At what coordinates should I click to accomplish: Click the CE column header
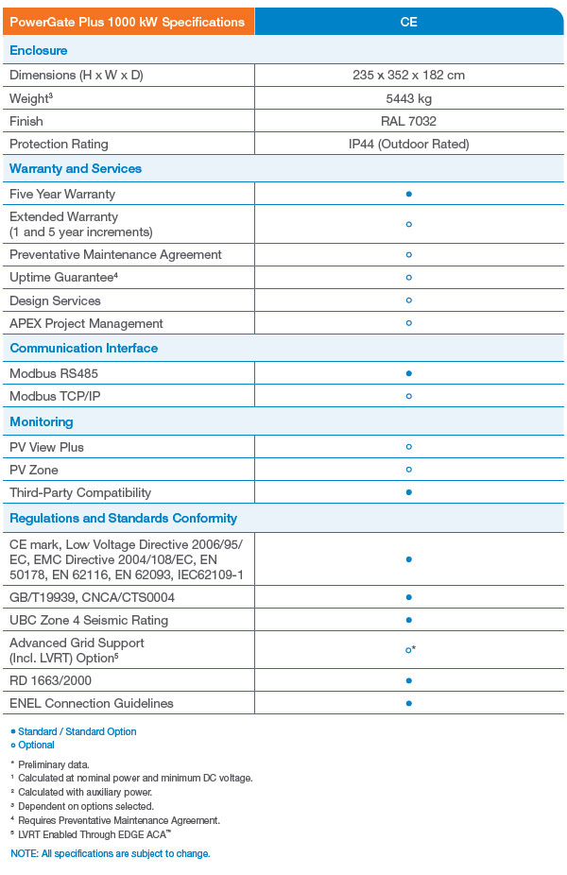coord(408,22)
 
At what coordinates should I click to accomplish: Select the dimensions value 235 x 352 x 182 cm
coord(408,75)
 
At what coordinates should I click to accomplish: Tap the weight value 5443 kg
coord(408,98)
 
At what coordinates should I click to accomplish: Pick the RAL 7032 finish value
coord(408,121)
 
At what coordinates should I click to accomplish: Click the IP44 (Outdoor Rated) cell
coord(408,144)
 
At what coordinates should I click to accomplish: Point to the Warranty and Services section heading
coord(76,168)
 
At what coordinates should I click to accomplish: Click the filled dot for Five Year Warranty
coord(408,194)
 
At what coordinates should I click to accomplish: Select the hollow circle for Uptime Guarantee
coord(408,278)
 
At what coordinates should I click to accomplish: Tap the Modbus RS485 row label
coord(54,373)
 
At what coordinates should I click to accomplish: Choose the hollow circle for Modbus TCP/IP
coord(408,396)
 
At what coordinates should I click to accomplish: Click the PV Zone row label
coord(34,470)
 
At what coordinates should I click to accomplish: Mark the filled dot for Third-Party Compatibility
coord(408,492)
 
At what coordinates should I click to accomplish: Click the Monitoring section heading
coord(42,421)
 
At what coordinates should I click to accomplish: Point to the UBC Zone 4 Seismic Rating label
coord(89,620)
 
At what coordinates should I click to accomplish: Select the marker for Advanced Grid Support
coord(409,650)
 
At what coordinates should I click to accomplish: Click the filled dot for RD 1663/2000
coord(408,680)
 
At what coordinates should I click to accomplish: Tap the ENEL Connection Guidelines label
coord(92,703)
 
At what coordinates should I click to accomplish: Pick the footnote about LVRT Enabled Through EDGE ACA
coord(92,834)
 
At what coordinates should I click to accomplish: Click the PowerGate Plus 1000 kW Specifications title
coord(127,22)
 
